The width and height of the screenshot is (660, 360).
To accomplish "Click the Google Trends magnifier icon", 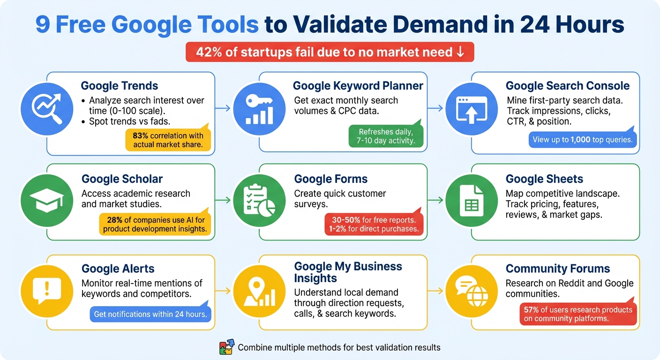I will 47,109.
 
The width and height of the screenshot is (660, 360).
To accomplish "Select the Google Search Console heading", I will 567,86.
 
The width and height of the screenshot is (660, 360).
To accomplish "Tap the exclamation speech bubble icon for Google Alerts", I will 47,291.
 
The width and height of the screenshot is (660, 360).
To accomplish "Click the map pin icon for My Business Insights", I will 259,291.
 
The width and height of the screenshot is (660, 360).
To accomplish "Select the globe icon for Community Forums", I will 471,291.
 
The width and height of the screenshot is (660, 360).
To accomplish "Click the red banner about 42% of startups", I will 330,52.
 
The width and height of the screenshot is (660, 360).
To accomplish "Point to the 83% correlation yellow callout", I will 168,140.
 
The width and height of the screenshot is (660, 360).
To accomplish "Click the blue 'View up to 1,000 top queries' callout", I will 583,139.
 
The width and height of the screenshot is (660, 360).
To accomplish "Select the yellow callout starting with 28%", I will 154,224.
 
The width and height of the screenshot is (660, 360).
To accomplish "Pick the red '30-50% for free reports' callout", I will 374,224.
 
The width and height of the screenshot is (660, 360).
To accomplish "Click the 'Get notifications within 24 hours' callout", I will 150,314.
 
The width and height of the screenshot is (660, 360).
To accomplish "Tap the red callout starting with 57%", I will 578,314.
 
